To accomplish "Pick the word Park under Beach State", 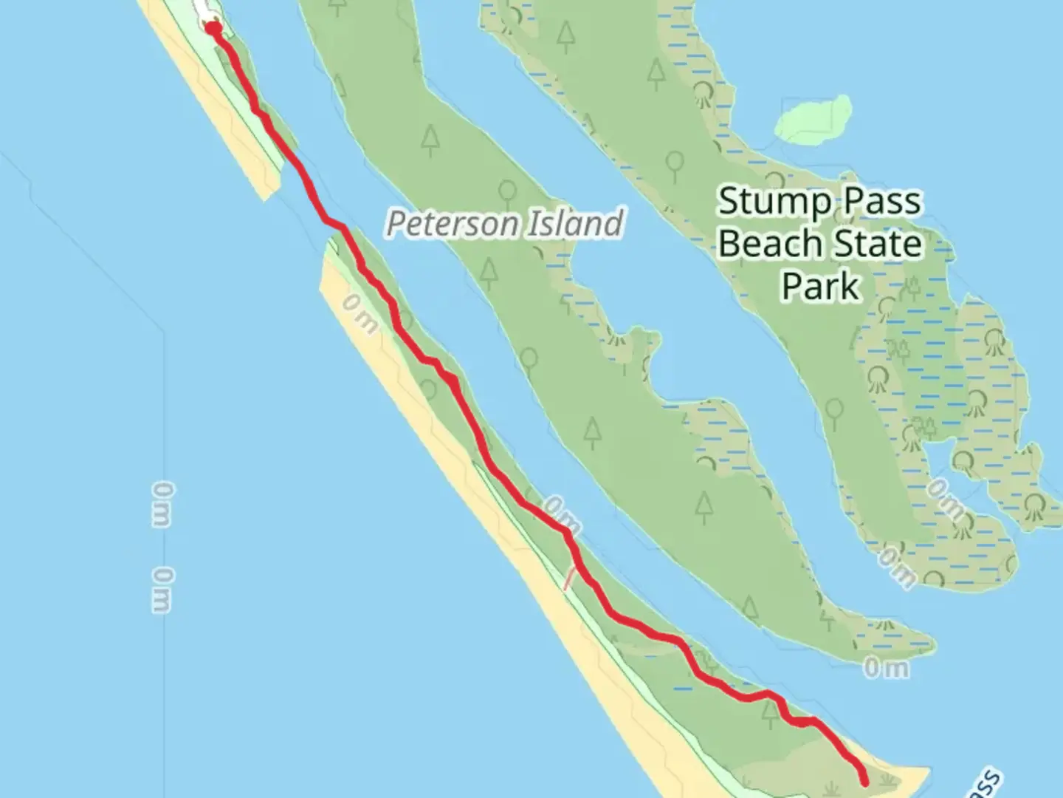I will [x=821, y=285].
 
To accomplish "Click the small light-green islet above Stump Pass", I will [x=814, y=120].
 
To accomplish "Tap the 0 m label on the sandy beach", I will [x=360, y=314].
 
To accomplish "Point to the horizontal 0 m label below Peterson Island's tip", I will [x=886, y=669].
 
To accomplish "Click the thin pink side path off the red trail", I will [x=569, y=578].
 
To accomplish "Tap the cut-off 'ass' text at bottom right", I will [x=988, y=785].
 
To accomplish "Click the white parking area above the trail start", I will [x=205, y=11].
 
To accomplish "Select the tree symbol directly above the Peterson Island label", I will [x=507, y=194].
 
